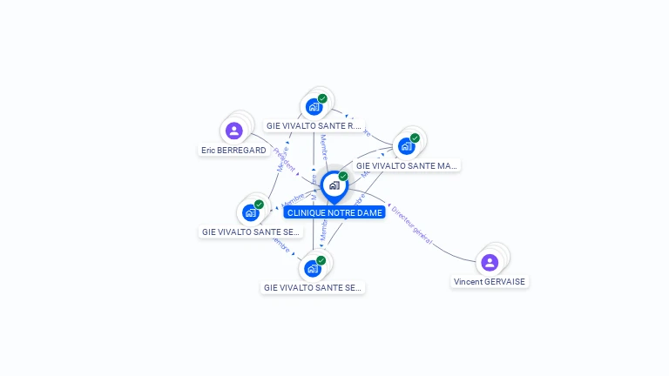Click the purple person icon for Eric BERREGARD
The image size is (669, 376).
pos(233,131)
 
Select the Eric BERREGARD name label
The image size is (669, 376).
pos(233,151)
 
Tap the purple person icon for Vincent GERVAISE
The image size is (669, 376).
pos(490,262)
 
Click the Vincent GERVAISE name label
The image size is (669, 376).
pos(490,282)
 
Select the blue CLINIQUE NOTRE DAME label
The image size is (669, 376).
pos(334,212)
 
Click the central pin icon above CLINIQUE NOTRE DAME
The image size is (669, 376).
pos(334,185)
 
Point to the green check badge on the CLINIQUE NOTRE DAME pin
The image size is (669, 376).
pos(343,177)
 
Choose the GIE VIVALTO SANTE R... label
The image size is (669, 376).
pos(314,126)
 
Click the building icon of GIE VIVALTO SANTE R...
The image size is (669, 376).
pos(314,107)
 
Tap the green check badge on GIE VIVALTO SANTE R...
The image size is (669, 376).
pos(322,98)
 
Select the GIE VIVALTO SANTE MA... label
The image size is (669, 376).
pos(407,165)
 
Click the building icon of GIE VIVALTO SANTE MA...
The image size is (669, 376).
pos(406,146)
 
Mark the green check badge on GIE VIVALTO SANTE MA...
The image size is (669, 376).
pos(415,138)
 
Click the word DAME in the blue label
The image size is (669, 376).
pos(368,212)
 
